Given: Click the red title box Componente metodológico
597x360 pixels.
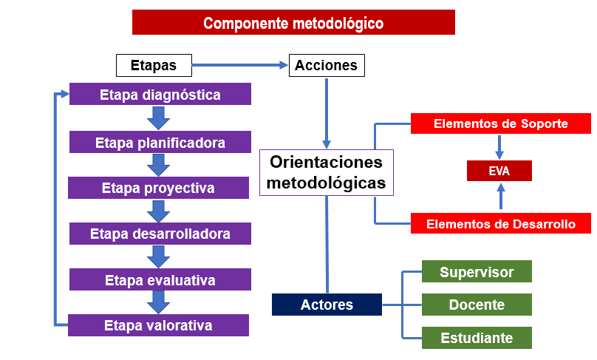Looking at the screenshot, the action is tap(293, 22).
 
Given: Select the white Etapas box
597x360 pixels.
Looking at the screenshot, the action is tap(154, 65).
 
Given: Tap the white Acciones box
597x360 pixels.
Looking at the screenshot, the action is tap(327, 65).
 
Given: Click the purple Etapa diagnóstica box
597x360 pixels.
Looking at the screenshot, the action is tap(160, 94).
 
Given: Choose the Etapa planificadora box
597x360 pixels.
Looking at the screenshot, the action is tap(160, 142).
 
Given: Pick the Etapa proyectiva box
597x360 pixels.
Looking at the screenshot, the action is tap(158, 188).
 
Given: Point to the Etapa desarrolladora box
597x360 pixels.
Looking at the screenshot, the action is tap(160, 234).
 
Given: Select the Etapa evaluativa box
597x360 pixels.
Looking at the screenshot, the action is tap(160, 279).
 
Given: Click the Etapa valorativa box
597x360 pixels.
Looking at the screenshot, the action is tap(158, 325).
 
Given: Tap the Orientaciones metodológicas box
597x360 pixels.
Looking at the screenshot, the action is tap(327, 172).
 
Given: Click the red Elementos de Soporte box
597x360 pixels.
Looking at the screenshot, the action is tap(501, 123).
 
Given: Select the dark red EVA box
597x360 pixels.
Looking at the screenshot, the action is tap(499, 171).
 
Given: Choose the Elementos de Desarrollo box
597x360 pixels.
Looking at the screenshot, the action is tap(501, 223).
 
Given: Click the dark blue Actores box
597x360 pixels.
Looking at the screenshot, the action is tap(327, 305).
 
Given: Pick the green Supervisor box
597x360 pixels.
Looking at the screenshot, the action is tap(477, 271).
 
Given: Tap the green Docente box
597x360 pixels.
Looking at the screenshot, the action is tap(477, 305).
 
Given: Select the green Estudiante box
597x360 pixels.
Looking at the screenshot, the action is tap(477, 338).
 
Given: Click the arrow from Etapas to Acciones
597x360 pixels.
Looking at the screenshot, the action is tap(240, 65).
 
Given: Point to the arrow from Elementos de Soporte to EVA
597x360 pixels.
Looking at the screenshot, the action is tap(499, 147).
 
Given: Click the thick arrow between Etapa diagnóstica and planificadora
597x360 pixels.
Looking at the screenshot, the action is tap(158, 118).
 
